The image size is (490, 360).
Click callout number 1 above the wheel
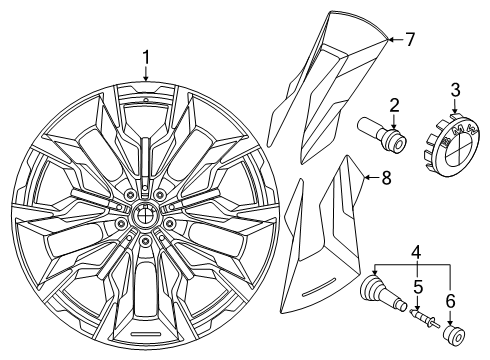tap(146, 57)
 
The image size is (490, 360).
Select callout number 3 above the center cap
tap(455, 91)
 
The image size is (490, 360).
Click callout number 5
tap(419, 296)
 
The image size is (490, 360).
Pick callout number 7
tap(408, 40)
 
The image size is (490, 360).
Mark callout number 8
tap(385, 178)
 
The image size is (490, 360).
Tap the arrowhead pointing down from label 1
tap(146, 79)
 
